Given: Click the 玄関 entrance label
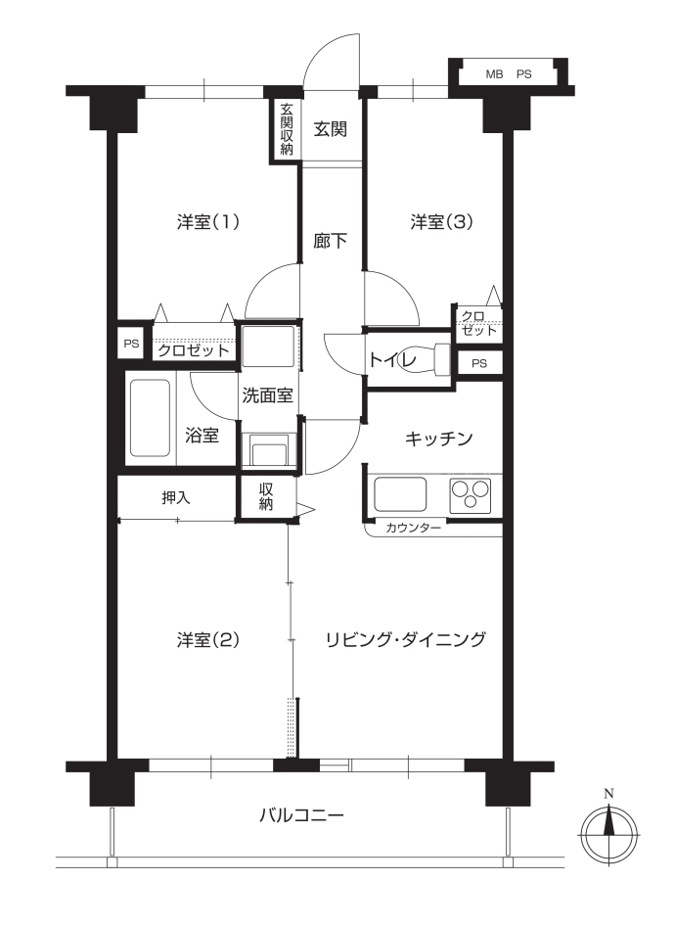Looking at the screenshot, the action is [330, 129].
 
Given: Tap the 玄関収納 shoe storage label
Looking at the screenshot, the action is [287, 129].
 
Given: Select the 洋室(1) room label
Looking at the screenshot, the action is [207, 222].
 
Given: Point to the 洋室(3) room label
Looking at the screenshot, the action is [442, 222].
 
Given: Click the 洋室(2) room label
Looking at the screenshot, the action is [207, 639].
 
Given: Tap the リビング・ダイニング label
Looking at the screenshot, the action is [406, 639].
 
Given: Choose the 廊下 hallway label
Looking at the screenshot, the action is [330, 241].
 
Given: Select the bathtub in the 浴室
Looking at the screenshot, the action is [150, 418].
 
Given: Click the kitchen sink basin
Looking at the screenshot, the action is [400, 494].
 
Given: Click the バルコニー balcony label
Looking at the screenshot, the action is [301, 815].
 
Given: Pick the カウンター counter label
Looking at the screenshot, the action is [413, 528].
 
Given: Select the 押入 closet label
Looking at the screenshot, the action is [176, 498].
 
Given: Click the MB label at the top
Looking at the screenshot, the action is [494, 74].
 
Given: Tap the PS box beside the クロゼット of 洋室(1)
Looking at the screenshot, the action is [132, 344].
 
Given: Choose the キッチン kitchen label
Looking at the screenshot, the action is [439, 439].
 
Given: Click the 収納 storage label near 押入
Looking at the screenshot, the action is [266, 496].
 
